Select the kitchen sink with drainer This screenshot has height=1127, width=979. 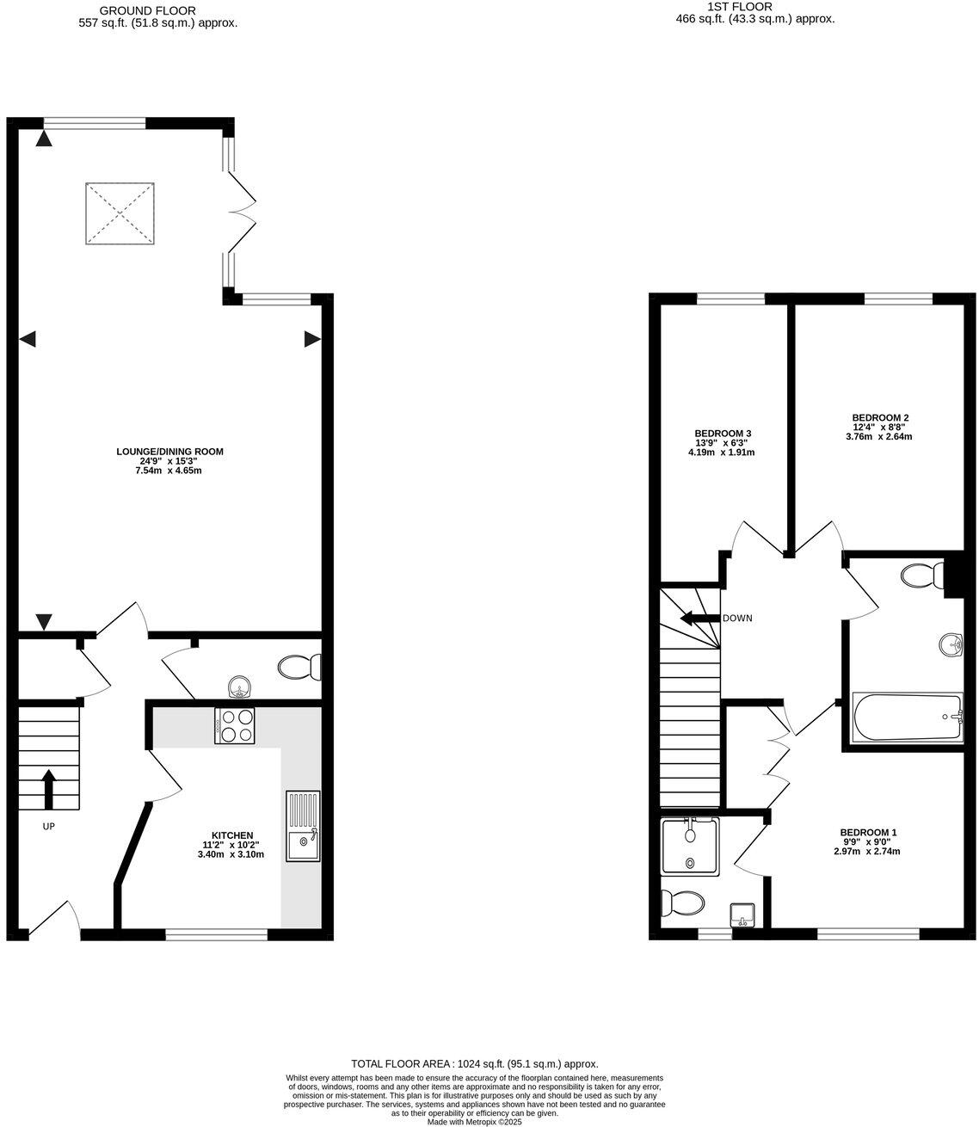tap(303, 826)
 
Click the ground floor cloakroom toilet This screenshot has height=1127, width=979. tap(299, 667)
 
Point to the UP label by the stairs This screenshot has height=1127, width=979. tap(49, 826)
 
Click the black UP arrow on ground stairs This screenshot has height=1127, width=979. tap(48, 787)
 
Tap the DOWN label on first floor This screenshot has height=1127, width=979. tap(737, 618)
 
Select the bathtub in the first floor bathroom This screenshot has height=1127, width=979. tap(908, 717)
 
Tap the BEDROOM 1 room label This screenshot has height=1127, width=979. tap(868, 832)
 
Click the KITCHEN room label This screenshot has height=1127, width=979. tap(227, 835)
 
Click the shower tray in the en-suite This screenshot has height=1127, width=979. tap(690, 846)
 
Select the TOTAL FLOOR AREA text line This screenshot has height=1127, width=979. tap(474, 1064)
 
